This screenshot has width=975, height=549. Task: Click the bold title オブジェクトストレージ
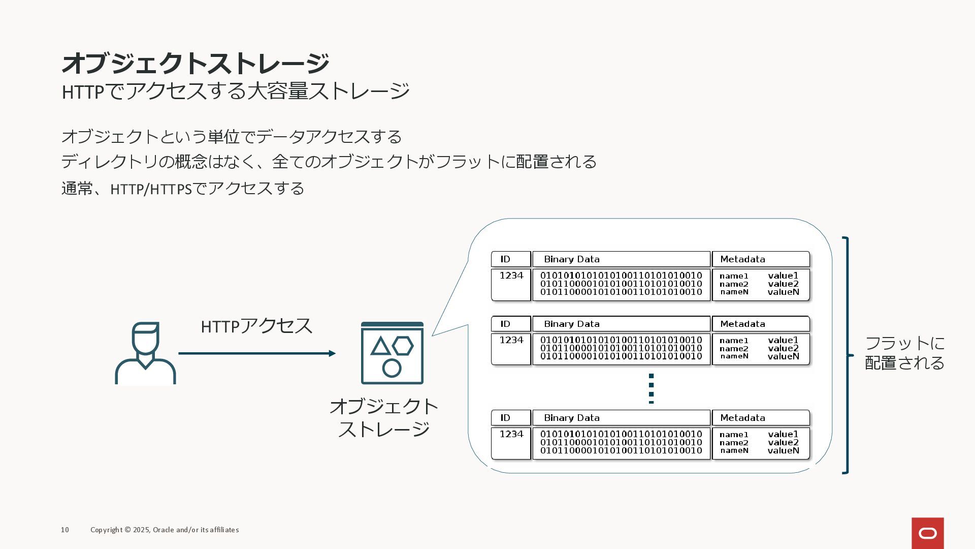tap(196, 63)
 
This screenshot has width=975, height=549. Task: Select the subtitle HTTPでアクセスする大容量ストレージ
tap(235, 91)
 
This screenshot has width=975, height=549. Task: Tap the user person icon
tap(145, 353)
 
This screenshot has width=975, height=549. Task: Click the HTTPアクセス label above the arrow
tap(256, 326)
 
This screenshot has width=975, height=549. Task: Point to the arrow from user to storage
tap(256, 353)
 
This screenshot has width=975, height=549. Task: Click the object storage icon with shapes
tap(392, 353)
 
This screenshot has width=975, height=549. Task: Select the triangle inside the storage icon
tap(380, 347)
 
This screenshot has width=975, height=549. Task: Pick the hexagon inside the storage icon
tap(403, 346)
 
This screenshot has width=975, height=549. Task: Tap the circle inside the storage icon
tap(392, 368)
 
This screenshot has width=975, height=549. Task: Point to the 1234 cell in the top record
tap(511, 276)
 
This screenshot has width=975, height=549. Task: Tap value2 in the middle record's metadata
tap(783, 348)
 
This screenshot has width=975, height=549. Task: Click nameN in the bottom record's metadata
tap(734, 450)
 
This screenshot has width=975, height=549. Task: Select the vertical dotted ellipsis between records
tap(651, 389)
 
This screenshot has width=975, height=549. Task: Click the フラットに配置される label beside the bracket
tap(904, 353)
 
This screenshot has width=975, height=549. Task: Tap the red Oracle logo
tap(927, 533)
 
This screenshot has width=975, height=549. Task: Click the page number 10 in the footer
tap(65, 530)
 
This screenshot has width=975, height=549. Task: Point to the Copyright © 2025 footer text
tap(165, 530)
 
